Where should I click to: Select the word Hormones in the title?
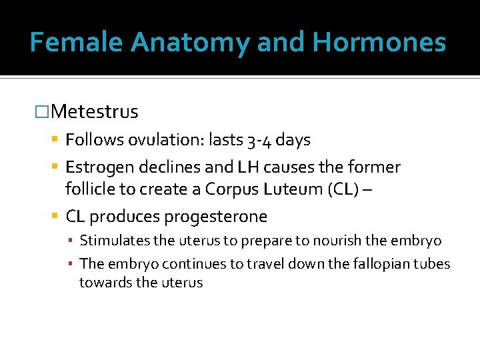(x=379, y=43)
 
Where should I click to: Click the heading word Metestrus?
(x=94, y=111)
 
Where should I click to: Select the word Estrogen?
(x=98, y=167)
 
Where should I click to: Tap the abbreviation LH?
(x=245, y=167)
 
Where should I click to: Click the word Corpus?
(x=230, y=189)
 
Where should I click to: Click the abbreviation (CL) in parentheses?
(x=343, y=189)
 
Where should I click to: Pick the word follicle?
(x=89, y=189)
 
